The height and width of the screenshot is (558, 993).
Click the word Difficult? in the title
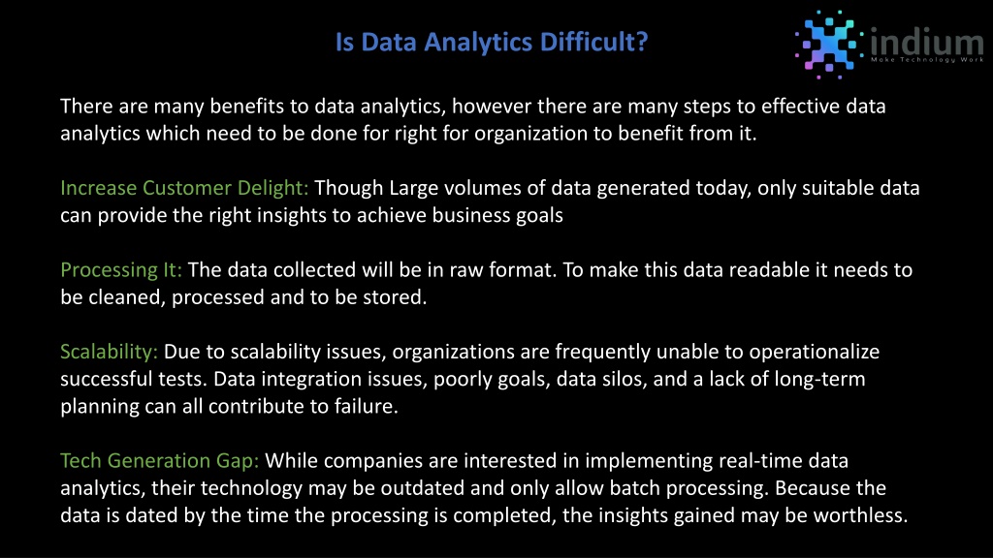coord(594,42)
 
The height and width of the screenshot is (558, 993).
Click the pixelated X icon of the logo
coord(829,45)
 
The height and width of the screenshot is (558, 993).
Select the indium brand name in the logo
coord(927,42)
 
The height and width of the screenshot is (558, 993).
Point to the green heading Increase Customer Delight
coord(184,188)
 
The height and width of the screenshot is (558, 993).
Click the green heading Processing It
coord(121,270)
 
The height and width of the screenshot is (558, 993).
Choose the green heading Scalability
coord(109,352)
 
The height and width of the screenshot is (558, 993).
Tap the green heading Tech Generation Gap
coord(160,460)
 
